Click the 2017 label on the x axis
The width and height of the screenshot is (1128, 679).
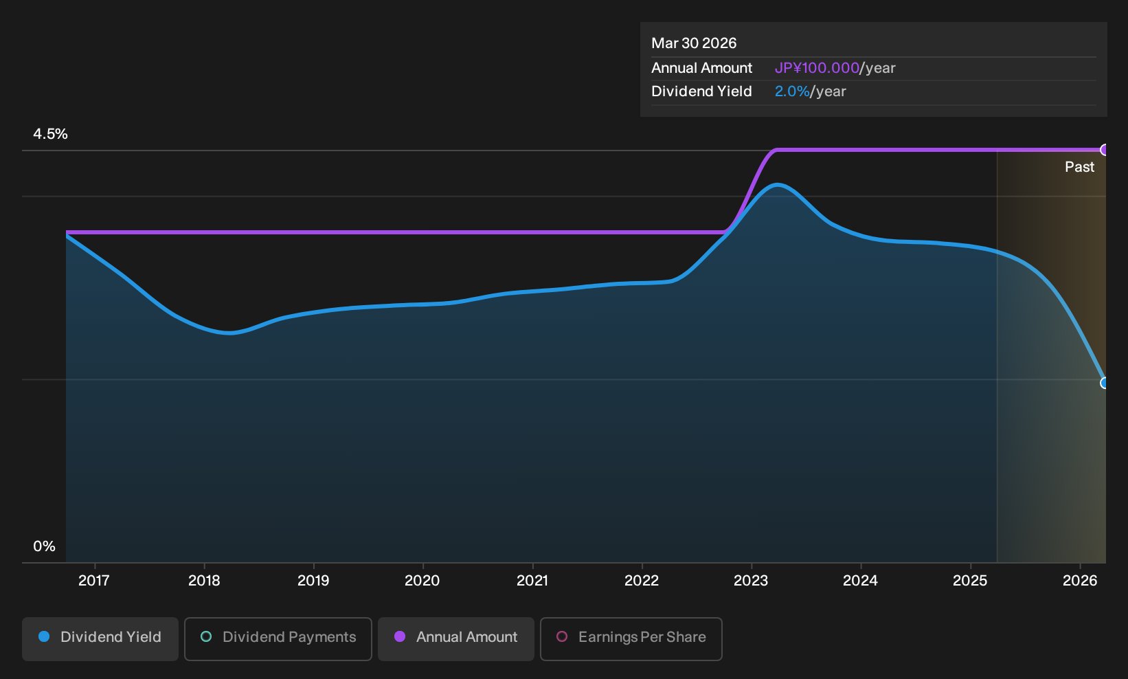pyautogui.click(x=94, y=580)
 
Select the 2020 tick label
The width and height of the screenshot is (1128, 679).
pyautogui.click(x=422, y=580)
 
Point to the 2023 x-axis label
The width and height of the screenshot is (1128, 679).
pyautogui.click(x=751, y=580)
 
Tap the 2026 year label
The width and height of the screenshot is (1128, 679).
pyautogui.click(x=1080, y=580)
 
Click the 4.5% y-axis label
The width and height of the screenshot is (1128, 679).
pyautogui.click(x=50, y=134)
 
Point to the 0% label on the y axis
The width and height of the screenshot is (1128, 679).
pyautogui.click(x=45, y=546)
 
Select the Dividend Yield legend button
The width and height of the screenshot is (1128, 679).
pyautogui.click(x=100, y=638)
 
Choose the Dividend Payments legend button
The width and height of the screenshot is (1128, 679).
pyautogui.click(x=278, y=638)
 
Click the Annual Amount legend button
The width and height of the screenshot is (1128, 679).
pyautogui.click(x=455, y=638)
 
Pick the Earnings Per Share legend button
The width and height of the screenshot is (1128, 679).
pyautogui.click(x=631, y=638)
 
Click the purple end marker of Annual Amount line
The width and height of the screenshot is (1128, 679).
pyautogui.click(x=1104, y=150)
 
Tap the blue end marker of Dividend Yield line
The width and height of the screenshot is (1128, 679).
pyautogui.click(x=1104, y=383)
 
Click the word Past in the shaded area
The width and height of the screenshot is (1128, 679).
pyautogui.click(x=1079, y=167)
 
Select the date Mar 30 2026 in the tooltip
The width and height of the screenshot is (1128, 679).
pyautogui.click(x=694, y=43)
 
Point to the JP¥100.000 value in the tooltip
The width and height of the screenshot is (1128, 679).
pyautogui.click(x=817, y=68)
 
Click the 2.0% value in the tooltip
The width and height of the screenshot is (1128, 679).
pyautogui.click(x=792, y=91)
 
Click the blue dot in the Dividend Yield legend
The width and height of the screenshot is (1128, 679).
pyautogui.click(x=45, y=636)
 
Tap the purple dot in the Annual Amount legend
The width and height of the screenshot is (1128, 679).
pyautogui.click(x=400, y=636)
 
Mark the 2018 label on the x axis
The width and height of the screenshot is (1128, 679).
pyautogui.click(x=204, y=580)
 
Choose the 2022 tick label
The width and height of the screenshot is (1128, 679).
pyautogui.click(x=642, y=580)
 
